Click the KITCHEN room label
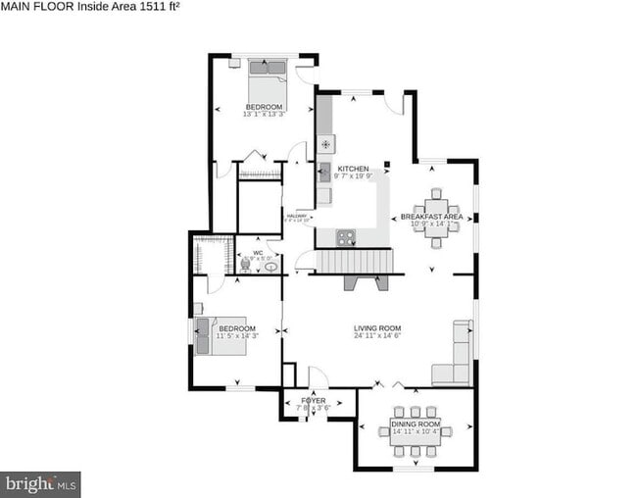(354, 169)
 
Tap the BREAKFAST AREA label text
(433, 216)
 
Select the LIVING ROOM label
(377, 328)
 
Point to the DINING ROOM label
(416, 423)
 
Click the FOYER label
(312, 400)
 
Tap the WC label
(259, 253)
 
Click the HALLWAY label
(297, 216)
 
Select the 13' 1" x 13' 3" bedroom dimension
(264, 114)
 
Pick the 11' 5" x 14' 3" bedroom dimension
(236, 336)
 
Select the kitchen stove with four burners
(346, 236)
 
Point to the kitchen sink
(324, 172)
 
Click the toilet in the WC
(245, 263)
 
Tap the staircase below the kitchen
(353, 261)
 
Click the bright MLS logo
(41, 483)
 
